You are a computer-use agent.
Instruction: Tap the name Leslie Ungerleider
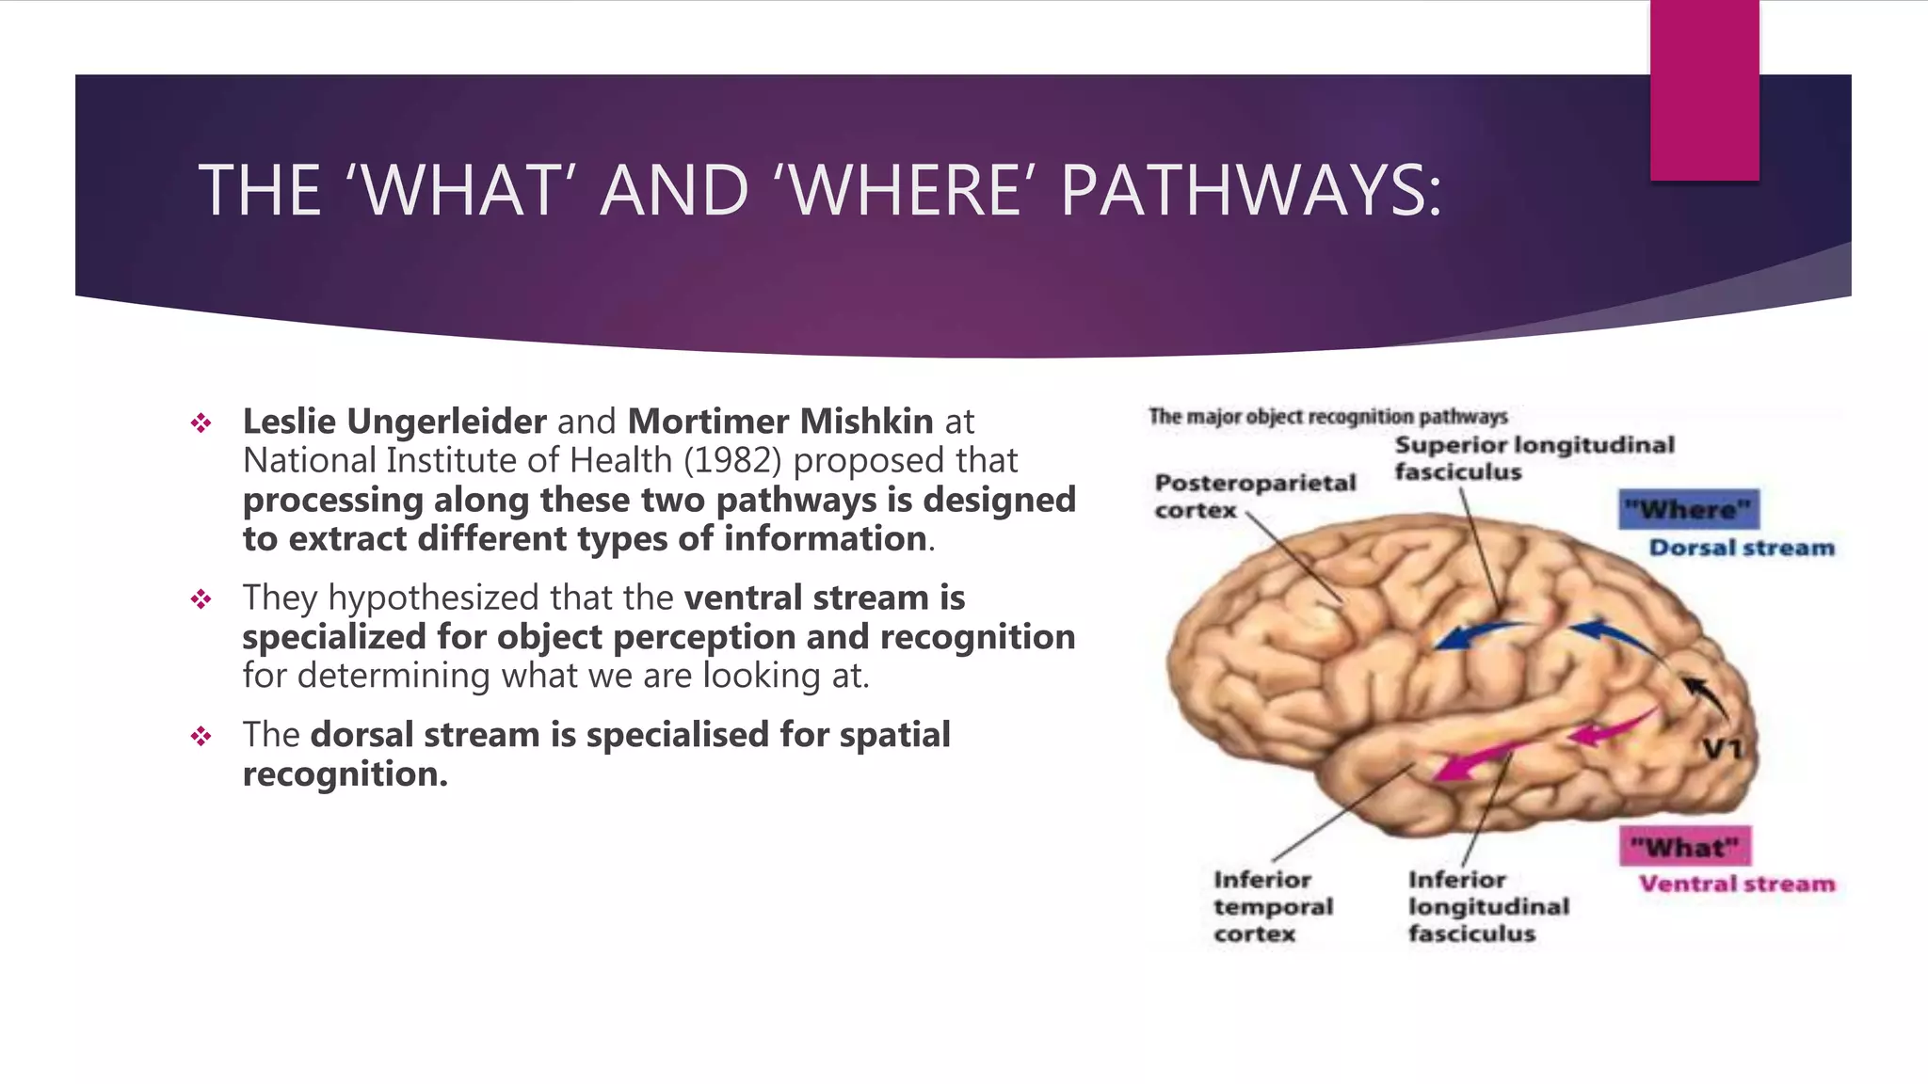click(394, 422)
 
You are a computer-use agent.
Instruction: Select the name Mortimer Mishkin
click(780, 422)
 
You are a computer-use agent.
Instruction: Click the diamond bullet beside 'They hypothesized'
click(201, 599)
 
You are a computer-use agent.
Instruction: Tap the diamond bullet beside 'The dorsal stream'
click(201, 736)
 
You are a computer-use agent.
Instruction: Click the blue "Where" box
click(1689, 510)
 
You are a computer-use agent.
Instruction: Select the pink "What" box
click(1685, 847)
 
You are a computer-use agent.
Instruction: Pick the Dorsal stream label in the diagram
click(1742, 549)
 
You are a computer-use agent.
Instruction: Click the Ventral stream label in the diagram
click(1737, 885)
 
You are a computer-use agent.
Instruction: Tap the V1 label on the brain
click(1723, 750)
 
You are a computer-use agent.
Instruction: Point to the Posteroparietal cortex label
click(1255, 496)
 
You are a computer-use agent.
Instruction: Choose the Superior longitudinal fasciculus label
click(1534, 458)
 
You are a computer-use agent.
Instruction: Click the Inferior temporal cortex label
click(1273, 907)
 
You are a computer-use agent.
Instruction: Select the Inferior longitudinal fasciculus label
click(1488, 907)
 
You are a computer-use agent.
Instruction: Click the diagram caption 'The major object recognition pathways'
click(1327, 417)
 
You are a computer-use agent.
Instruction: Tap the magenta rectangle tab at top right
click(1704, 89)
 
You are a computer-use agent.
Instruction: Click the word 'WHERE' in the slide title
click(908, 191)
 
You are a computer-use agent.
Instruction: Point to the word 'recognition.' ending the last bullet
click(345, 774)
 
